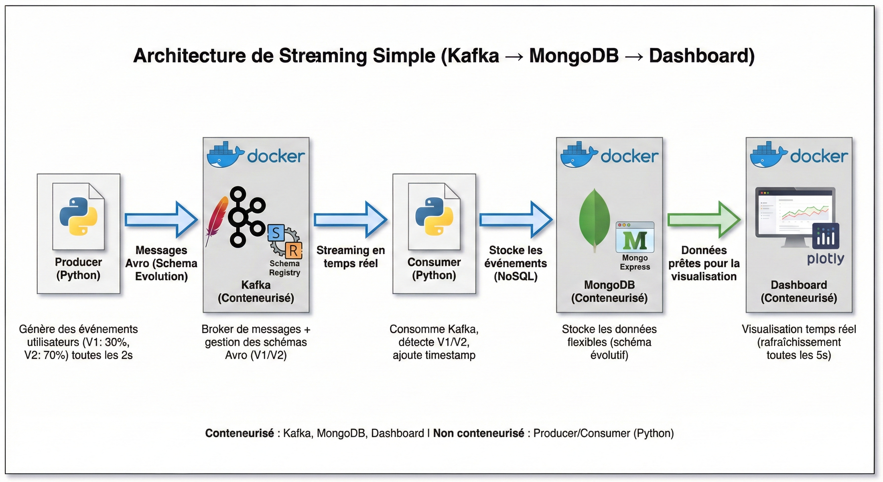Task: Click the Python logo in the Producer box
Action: [x=78, y=216]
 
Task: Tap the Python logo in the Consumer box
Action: [x=434, y=216]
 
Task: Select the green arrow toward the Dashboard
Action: [x=704, y=220]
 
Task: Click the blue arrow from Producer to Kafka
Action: [x=161, y=220]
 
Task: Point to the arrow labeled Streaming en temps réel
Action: [x=350, y=220]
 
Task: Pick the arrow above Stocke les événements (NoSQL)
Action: [x=516, y=220]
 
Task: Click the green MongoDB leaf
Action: [x=595, y=220]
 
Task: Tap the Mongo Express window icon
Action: [x=635, y=237]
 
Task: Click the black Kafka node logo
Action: [x=246, y=217]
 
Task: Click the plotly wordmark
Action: [x=825, y=259]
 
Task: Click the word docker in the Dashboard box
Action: [x=819, y=157]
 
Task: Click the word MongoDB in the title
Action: [x=574, y=56]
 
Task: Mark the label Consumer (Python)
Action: [x=434, y=269]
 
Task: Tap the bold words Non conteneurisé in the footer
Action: [x=479, y=433]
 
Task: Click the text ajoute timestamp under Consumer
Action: [x=434, y=355]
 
